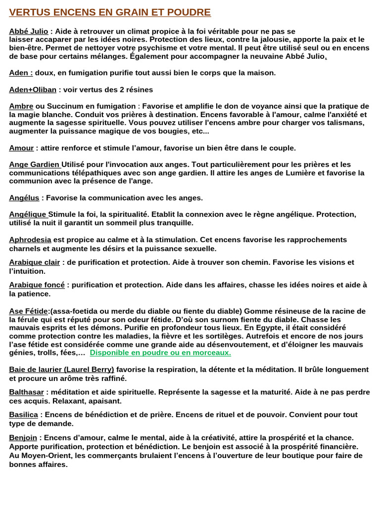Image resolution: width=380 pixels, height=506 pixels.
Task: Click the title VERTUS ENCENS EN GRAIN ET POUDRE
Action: (110, 12)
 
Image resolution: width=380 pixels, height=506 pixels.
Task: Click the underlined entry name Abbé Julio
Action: (28, 31)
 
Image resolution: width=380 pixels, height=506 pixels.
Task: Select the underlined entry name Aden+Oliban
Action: (33, 89)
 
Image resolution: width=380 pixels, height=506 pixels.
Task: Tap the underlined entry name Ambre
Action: (21, 106)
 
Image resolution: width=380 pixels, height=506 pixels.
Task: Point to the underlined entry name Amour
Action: (21, 148)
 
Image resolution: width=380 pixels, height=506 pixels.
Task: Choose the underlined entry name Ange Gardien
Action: (35, 165)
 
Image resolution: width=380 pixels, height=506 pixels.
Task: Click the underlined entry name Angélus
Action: (24, 198)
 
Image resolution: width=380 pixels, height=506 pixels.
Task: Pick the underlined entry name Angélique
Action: (28, 214)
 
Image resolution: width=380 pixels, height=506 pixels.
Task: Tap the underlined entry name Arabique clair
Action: (34, 262)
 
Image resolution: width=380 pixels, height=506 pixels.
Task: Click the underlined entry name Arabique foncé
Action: (37, 285)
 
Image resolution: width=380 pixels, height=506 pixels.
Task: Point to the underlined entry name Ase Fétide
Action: (29, 311)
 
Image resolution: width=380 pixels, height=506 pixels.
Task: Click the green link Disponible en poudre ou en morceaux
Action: (160, 353)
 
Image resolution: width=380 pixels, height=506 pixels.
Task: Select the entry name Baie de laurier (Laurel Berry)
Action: (61, 370)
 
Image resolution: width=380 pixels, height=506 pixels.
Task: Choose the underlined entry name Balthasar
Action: (26, 392)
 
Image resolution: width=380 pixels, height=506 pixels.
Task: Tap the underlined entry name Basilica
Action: (23, 415)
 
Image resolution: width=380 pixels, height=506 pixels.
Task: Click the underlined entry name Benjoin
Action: (23, 438)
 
